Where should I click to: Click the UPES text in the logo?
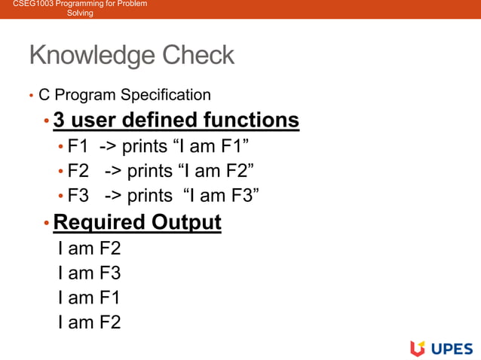point(452,348)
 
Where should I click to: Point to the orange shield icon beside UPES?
point(418,348)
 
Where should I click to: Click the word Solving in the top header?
point(80,14)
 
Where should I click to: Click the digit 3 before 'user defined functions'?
point(59,121)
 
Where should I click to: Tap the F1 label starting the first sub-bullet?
point(78,145)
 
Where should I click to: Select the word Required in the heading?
point(100,223)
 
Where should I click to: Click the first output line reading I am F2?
point(89,249)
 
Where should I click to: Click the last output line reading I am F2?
point(89,323)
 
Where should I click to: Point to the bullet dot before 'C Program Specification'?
point(31,96)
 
